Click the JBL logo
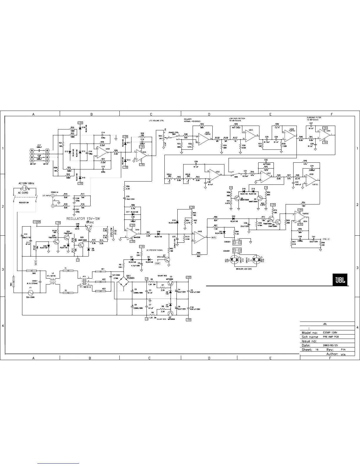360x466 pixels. [x=340, y=279]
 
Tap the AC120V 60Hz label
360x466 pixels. [x=26, y=183]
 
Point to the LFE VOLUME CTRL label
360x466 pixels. [x=156, y=121]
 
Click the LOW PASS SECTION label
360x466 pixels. [x=237, y=119]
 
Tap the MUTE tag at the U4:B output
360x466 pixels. [x=214, y=237]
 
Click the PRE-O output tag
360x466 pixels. [x=326, y=239]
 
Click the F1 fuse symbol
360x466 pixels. [x=31, y=292]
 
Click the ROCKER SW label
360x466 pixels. [x=24, y=203]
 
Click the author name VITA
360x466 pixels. [x=343, y=355]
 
